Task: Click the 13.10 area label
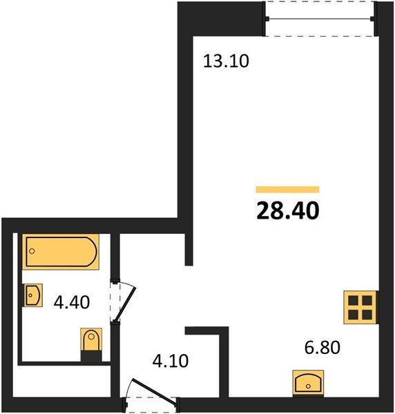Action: tap(227, 61)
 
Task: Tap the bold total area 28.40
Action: tap(288, 210)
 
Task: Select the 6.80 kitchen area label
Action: tap(322, 348)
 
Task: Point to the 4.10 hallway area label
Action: tap(171, 361)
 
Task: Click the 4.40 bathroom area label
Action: tap(72, 302)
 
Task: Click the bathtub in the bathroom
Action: tap(61, 252)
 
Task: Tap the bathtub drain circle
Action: tap(32, 251)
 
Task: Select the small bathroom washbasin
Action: tap(32, 295)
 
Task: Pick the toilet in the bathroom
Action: tap(91, 344)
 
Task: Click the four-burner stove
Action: tap(361, 307)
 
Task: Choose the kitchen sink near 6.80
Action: tap(309, 382)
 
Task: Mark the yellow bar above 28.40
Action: tap(287, 190)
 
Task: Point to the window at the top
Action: tap(320, 19)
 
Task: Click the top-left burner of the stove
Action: tap(354, 300)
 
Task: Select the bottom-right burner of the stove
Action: tap(367, 315)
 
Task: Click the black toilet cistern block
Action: tap(91, 356)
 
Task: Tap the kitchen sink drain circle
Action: tap(308, 386)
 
